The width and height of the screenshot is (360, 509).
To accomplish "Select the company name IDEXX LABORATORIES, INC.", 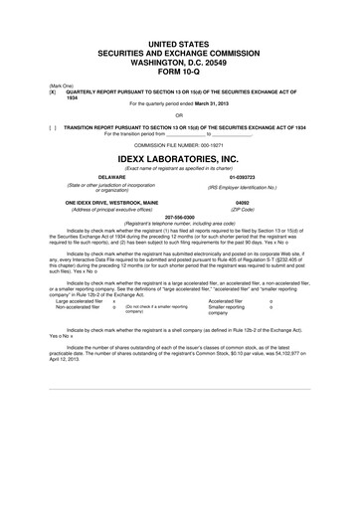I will (180, 158).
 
